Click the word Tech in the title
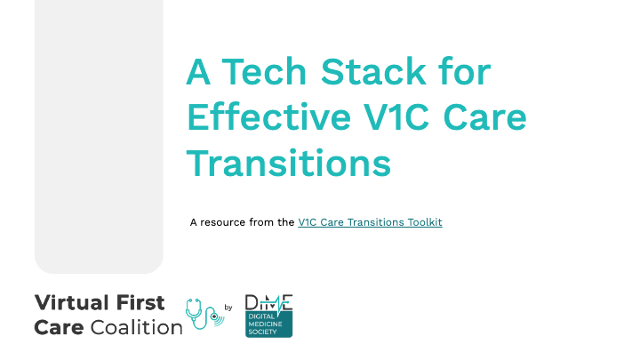point(264,71)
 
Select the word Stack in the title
point(373,71)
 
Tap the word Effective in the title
point(268,117)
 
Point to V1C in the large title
point(396,117)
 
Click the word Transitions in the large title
point(289,164)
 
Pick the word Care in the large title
point(485,117)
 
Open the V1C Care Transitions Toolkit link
point(370,222)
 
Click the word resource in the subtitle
point(222,223)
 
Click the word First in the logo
point(140,303)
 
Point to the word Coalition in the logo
point(136,327)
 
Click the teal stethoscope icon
point(204,314)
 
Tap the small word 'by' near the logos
point(228,308)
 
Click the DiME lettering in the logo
point(268,303)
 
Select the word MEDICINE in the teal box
point(265,324)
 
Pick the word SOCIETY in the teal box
point(262,332)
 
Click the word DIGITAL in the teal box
point(261,316)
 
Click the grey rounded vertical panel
point(99,137)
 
